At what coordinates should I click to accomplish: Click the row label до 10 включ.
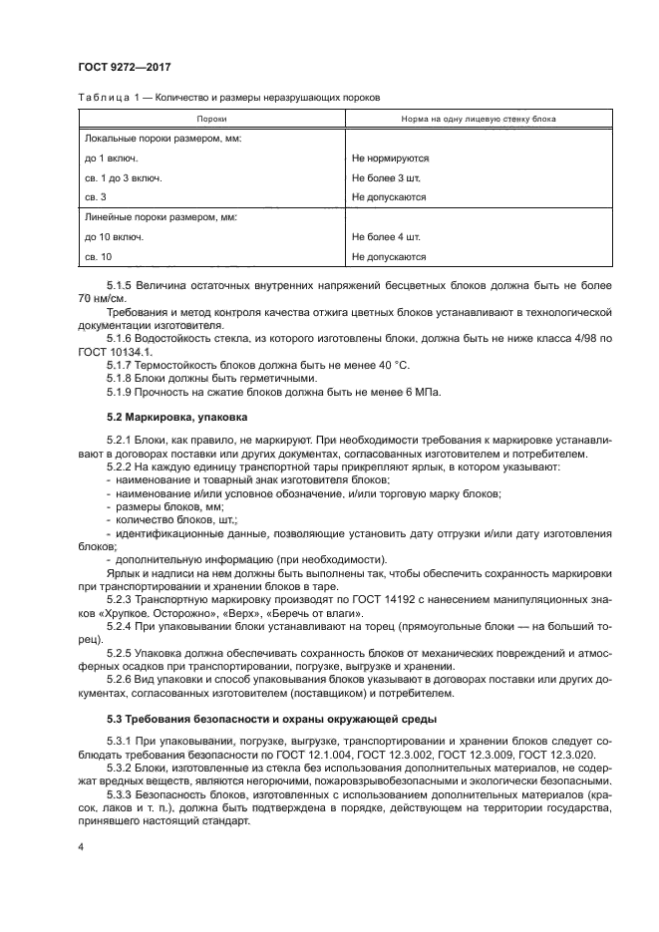point(114,236)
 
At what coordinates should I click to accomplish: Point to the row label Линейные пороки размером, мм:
point(162,216)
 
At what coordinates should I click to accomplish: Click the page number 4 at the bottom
point(80,845)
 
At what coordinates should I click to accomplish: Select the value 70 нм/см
point(103,298)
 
